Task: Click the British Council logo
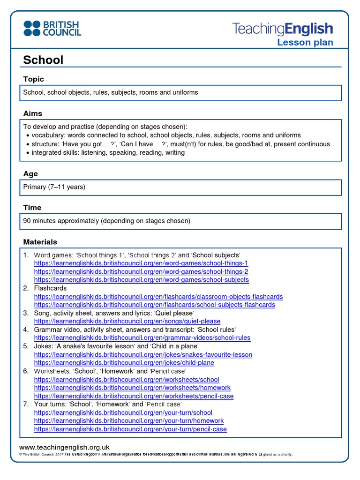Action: coord(52,28)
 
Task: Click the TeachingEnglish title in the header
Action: coord(283,29)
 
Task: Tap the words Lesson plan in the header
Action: coord(305,43)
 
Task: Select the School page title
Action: coord(43,60)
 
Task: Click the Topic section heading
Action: coord(34,79)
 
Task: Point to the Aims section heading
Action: coord(33,113)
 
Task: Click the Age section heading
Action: coord(30,174)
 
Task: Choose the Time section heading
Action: coord(32,208)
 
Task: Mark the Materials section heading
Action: coord(40,242)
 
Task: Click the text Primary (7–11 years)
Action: coord(54,187)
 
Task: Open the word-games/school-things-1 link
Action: coord(141,263)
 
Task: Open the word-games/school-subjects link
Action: coord(142,280)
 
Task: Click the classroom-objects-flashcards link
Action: coord(158,297)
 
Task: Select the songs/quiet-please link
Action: coord(127,321)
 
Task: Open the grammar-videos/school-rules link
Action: coord(142,337)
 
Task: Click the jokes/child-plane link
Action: coord(124,363)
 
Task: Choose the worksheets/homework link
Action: coord(132,388)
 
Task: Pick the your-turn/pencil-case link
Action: coord(130,429)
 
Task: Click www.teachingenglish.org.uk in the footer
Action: coord(64,447)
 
